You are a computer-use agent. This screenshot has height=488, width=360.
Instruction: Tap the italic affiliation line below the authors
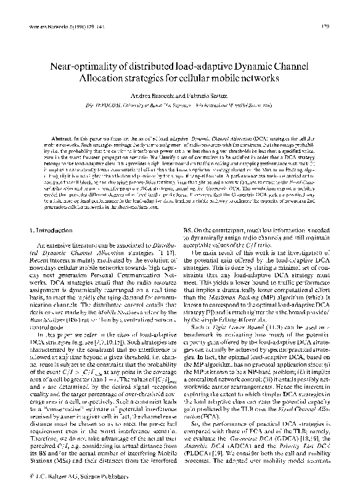179,107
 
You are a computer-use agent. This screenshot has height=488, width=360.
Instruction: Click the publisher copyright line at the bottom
64,476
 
